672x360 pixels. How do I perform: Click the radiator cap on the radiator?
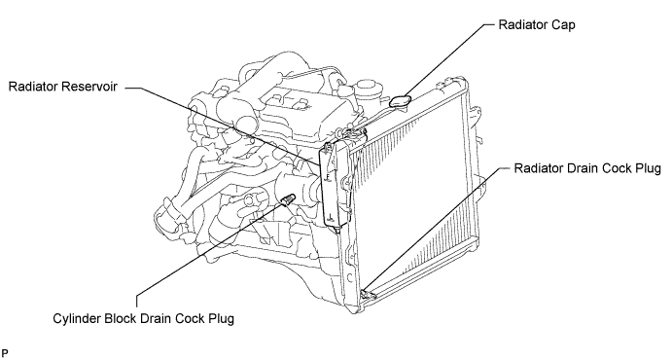401,101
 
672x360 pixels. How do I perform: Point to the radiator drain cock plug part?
369,294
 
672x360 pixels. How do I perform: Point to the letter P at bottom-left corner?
5,353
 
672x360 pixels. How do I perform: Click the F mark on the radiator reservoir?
328,176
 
